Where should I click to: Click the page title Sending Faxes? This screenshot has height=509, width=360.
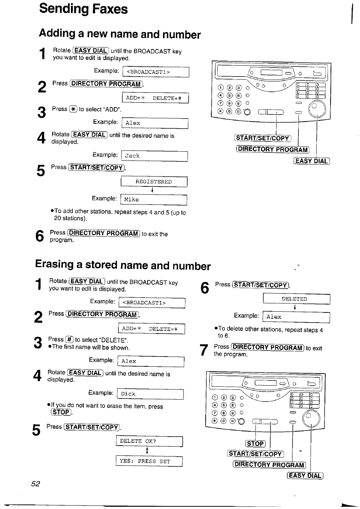pos(83,9)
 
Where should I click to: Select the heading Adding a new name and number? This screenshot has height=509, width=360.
pos(120,34)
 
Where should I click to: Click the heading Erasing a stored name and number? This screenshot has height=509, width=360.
pos(123,265)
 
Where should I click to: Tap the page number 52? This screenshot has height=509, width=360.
pos(35,484)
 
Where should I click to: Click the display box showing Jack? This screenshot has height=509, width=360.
pos(154,156)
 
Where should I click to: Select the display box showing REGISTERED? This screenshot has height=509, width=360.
pos(154,182)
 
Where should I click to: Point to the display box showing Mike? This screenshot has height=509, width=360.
pos(154,200)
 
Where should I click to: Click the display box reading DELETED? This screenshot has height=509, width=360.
pos(296,299)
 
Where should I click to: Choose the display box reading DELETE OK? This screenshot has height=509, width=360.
pos(149,441)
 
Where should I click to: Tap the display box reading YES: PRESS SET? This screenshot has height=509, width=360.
pos(149,461)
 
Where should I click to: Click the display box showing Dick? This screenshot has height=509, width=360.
pos(150,394)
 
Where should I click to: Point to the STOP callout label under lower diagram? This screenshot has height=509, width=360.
pos(255,444)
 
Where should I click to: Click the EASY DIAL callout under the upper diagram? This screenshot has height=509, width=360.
pos(311,161)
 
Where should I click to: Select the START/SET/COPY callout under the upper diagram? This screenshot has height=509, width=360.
pos(263,138)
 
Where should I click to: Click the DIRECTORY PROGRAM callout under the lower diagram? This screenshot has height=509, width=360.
pos(269,465)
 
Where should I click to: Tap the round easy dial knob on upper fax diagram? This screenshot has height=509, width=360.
pos(317,110)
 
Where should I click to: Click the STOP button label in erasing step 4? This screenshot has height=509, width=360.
pos(61,412)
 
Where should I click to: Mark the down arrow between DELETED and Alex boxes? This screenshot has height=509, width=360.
pos(295,308)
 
